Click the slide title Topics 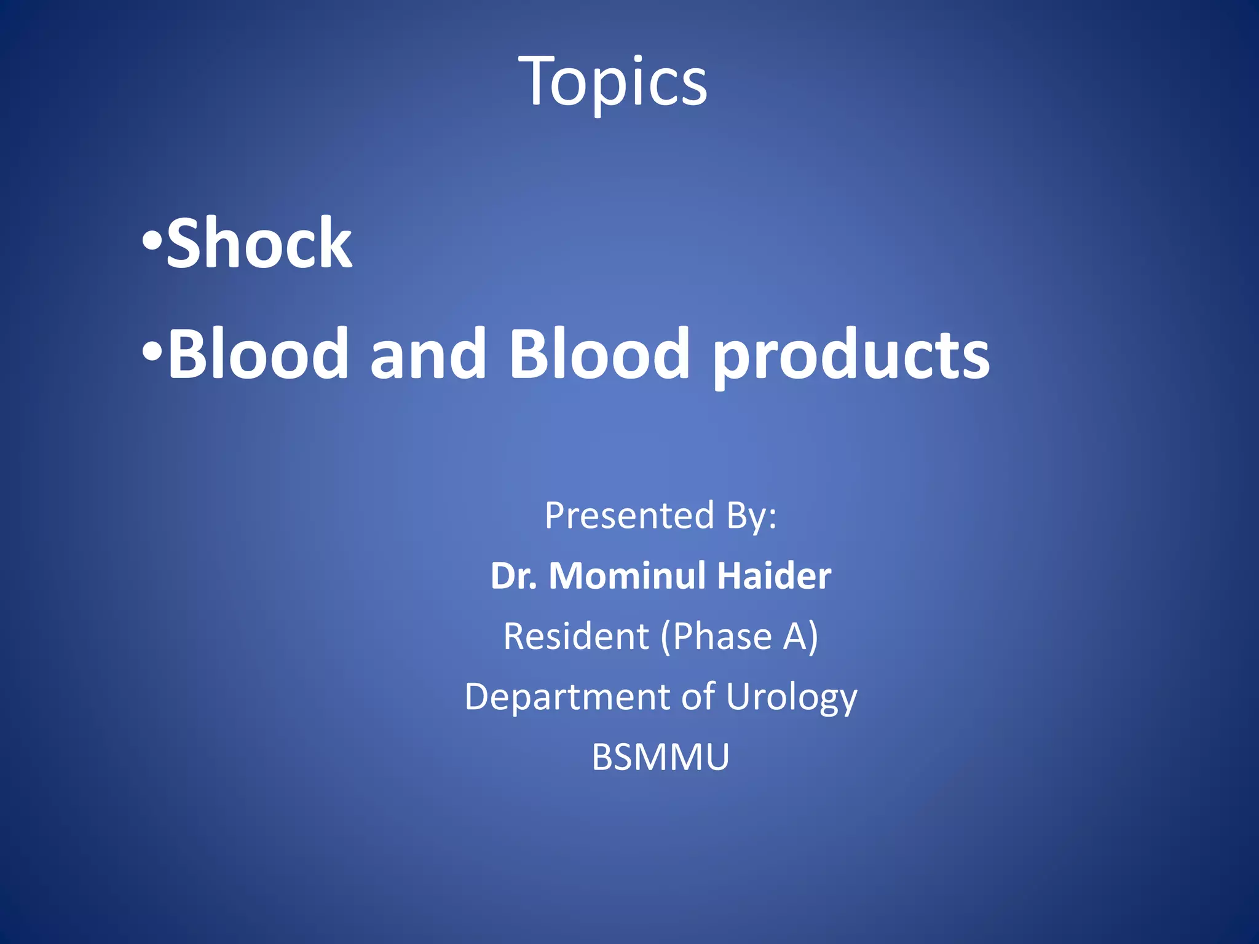[613, 82]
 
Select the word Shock [259, 244]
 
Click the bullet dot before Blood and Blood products [151, 351]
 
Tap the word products [851, 356]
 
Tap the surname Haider [774, 576]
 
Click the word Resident [576, 636]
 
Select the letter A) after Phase [800, 636]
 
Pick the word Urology [791, 698]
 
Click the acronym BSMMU [660, 757]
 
